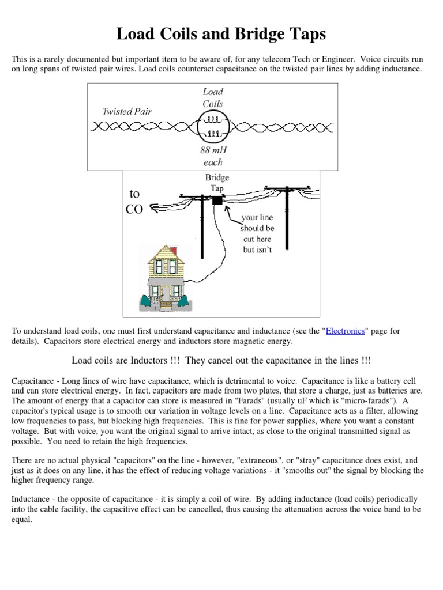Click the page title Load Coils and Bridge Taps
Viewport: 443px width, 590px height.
221,34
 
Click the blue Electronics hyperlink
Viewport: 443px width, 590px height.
345,331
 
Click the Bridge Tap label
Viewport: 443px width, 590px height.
217,183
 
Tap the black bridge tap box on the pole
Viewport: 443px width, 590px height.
217,200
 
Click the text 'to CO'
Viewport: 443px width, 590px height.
134,202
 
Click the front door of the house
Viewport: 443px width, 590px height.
166,293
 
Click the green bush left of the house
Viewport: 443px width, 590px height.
145,301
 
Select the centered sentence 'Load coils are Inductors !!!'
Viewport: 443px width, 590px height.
221,360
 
